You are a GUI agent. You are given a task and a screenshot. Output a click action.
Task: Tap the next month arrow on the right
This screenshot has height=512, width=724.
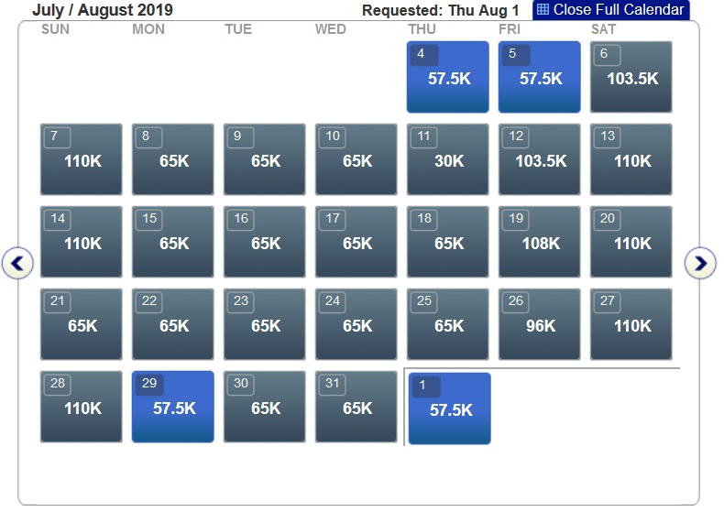[700, 264]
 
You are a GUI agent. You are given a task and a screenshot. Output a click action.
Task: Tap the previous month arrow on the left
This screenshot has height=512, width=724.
[17, 264]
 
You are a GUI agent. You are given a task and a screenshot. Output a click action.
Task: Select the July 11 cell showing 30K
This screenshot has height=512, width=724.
[448, 159]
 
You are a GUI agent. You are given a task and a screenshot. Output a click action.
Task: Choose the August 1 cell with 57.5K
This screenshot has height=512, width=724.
[450, 409]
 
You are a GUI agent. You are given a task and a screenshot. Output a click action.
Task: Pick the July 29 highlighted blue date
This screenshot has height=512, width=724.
[173, 407]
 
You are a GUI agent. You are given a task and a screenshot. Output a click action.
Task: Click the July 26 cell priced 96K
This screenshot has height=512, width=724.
[540, 324]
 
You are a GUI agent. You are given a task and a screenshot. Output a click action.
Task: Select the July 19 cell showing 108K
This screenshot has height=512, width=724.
[540, 242]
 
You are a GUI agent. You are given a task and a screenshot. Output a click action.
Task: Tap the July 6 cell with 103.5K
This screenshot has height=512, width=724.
[631, 77]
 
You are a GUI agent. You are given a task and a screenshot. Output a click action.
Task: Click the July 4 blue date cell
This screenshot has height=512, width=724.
[448, 77]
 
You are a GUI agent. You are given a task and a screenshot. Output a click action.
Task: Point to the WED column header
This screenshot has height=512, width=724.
[331, 29]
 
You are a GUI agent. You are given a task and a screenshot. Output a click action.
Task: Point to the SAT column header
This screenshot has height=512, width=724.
[603, 29]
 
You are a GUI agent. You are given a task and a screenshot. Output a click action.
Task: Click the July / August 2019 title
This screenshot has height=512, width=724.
[102, 11]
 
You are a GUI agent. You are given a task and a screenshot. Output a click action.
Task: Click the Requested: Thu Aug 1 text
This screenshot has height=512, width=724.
[440, 11]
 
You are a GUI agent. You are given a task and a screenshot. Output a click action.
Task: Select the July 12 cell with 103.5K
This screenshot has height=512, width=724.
[540, 159]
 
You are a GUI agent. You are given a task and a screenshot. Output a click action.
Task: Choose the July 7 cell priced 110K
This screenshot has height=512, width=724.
[82, 159]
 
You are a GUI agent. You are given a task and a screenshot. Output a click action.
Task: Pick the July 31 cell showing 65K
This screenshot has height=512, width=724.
[357, 407]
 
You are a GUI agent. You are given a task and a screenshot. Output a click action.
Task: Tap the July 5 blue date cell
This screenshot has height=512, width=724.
[540, 77]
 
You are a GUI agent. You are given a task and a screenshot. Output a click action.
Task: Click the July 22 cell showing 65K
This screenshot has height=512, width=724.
[173, 324]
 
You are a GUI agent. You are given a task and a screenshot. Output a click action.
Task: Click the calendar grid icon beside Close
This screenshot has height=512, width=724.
[543, 10]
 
